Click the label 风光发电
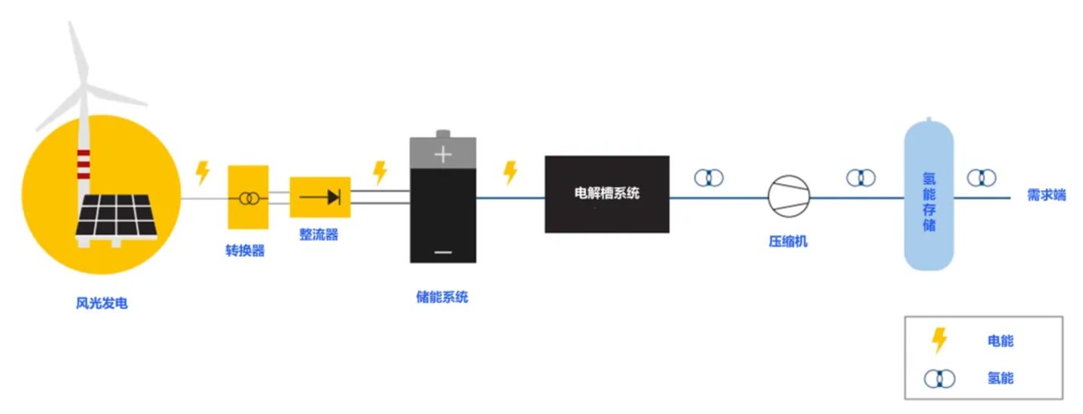pyautogui.click(x=102, y=304)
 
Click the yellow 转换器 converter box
pyautogui.click(x=248, y=197)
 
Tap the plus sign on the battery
pyautogui.click(x=443, y=155)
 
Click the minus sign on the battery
pyautogui.click(x=443, y=251)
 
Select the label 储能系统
pyautogui.click(x=442, y=297)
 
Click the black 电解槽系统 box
pyautogui.click(x=607, y=193)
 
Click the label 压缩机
pyautogui.click(x=788, y=242)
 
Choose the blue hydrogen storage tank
pyautogui.click(x=929, y=196)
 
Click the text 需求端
pyautogui.click(x=1046, y=195)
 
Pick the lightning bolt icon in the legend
pyautogui.click(x=939, y=340)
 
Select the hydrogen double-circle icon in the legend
pyautogui.click(x=939, y=378)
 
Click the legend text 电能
pyautogui.click(x=1000, y=341)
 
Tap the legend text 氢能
pyautogui.click(x=1000, y=378)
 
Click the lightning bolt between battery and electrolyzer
pyautogui.click(x=511, y=172)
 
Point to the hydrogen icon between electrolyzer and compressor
pyautogui.click(x=709, y=178)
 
